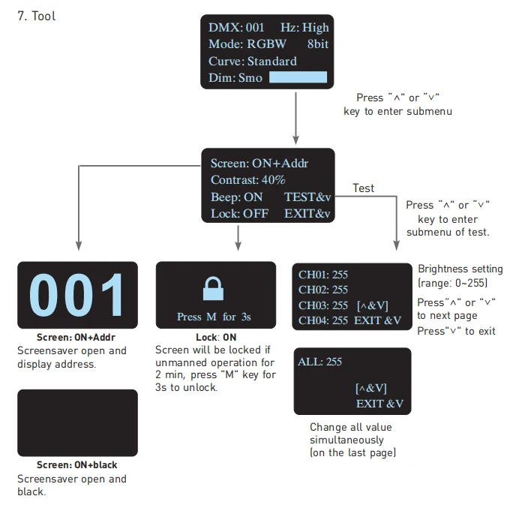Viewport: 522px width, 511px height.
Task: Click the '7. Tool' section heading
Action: [x=36, y=16]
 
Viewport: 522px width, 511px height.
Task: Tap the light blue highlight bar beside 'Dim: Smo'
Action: [x=298, y=77]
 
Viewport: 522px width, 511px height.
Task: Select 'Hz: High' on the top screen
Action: [x=304, y=28]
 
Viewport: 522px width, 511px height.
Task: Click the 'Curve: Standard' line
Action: [x=252, y=61]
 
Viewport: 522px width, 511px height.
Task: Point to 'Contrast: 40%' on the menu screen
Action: [x=248, y=180]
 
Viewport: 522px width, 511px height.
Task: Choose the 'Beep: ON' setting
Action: [x=237, y=197]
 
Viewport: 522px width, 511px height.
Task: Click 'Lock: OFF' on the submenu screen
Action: [x=240, y=213]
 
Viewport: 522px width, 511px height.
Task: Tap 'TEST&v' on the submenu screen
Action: [x=307, y=197]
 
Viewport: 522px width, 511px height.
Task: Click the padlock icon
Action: [x=214, y=288]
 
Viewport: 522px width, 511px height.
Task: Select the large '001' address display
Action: [x=76, y=295]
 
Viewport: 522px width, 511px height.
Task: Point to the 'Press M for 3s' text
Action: [x=214, y=317]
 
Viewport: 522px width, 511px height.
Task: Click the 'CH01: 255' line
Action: [x=323, y=275]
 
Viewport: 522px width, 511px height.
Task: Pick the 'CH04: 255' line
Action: [x=323, y=320]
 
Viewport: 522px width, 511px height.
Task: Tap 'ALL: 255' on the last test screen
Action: [x=319, y=362]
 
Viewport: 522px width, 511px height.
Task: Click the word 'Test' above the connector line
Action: [x=363, y=188]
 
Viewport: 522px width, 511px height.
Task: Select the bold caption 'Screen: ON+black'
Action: [x=77, y=464]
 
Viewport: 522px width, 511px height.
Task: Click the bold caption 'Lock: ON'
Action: [x=216, y=337]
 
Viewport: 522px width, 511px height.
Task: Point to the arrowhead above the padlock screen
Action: [x=238, y=246]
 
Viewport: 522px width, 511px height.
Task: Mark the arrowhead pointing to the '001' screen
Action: [x=79, y=246]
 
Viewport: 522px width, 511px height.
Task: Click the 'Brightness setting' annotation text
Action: [x=460, y=269]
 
